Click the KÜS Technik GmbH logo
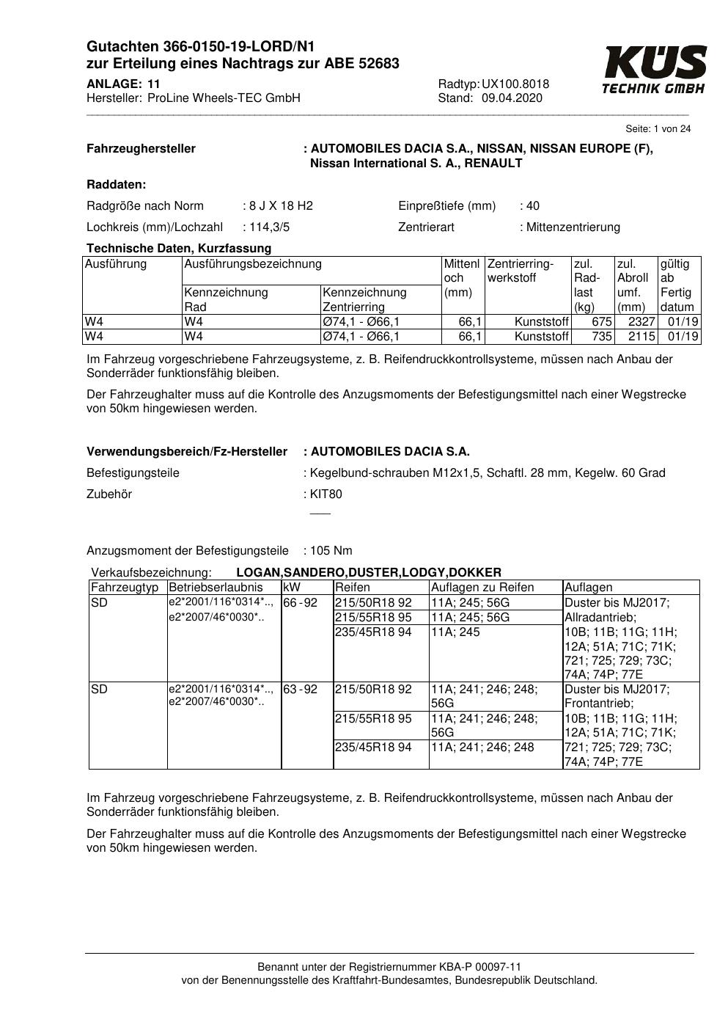coord(654,70)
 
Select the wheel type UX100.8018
coord(515,84)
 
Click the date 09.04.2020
coord(512,98)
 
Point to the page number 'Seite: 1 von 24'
coord(658,129)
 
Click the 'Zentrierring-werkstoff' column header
coord(520,271)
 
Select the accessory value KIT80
coord(326,494)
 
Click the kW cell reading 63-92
coord(301,690)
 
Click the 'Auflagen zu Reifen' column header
coord(482,588)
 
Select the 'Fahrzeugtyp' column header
coord(125,588)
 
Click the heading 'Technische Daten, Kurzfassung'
coord(179,249)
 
